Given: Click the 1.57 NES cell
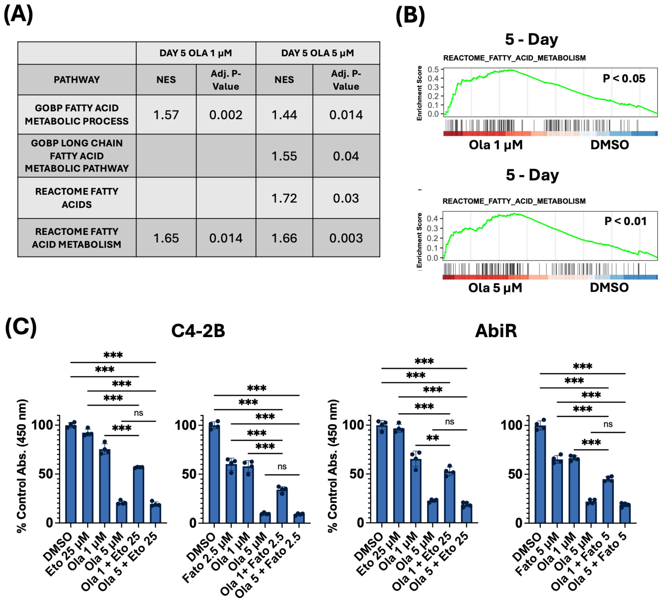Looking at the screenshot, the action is (166, 115).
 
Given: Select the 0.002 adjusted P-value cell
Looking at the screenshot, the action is (226, 115).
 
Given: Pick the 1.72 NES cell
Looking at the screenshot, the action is (284, 198).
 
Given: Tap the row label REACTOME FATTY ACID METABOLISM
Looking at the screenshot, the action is (77, 238).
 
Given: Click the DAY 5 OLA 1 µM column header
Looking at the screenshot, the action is (196, 53).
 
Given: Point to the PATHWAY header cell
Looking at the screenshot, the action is (77, 80).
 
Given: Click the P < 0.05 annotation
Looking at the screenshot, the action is (624, 78).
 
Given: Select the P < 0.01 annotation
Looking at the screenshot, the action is (625, 221).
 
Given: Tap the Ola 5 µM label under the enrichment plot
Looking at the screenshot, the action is (495, 288).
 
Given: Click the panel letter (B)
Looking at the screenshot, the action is (410, 15).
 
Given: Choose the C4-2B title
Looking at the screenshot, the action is (198, 330).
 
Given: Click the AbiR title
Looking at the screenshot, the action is (496, 330).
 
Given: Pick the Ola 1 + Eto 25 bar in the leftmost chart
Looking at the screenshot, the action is (139, 495).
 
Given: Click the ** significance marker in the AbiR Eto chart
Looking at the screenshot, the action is (433, 438).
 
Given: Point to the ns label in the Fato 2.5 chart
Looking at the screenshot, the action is (282, 467).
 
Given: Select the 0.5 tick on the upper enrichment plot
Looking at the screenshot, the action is (433, 69).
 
